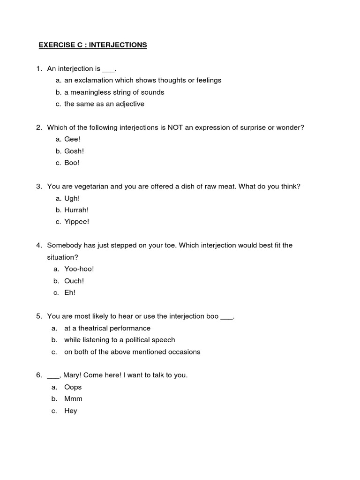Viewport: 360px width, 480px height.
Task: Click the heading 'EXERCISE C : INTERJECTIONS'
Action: pos(92,45)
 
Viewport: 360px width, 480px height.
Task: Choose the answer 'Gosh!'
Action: pos(74,151)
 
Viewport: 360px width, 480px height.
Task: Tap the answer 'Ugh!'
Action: pos(72,198)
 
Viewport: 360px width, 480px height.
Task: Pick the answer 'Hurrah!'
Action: pos(76,210)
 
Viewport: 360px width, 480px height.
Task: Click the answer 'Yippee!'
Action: pos(76,222)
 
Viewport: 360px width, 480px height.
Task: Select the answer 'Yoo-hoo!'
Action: pos(79,269)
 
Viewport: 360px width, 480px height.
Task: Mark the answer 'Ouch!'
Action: pos(74,281)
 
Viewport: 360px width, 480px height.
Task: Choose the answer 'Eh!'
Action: pos(70,292)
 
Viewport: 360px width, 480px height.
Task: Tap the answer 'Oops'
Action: pos(73,387)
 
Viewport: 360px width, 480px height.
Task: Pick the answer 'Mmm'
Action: pos(73,399)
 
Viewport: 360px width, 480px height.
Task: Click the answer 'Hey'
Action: pos(70,411)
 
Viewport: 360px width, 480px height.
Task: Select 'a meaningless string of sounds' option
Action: pos(114,92)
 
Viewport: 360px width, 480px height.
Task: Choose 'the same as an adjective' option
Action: pos(104,104)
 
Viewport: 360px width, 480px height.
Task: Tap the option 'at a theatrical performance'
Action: pos(107,328)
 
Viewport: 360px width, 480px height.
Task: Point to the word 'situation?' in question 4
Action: pos(62,257)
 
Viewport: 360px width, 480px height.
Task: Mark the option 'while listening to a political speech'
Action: pos(120,340)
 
